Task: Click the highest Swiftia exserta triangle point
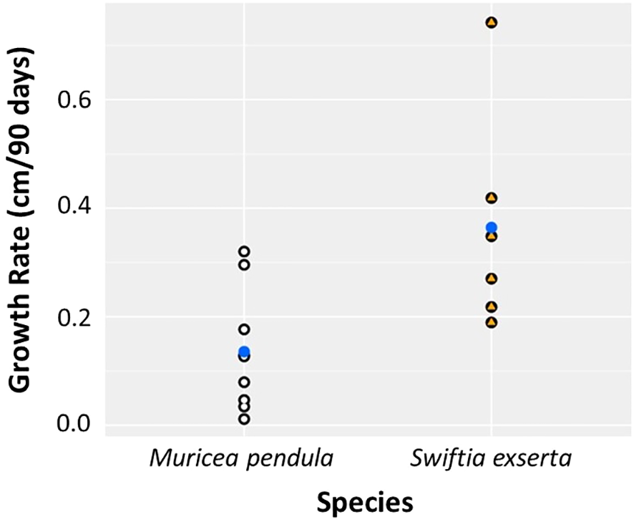[x=491, y=22]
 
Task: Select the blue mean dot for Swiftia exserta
[x=491, y=228]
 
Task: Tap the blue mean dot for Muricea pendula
[x=244, y=351]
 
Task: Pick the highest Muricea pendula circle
[x=244, y=251]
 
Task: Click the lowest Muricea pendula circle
[x=244, y=419]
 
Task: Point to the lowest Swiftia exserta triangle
[x=491, y=322]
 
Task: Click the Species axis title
[x=366, y=502]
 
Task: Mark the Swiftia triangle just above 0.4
[x=491, y=198]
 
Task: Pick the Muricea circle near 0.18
[x=244, y=329]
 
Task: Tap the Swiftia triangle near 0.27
[x=491, y=279]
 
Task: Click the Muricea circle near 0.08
[x=244, y=382]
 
